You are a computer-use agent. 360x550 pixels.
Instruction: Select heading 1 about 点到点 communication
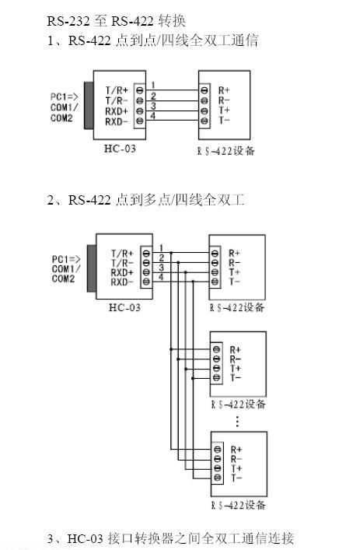(152, 40)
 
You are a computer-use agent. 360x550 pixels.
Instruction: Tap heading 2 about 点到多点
(145, 201)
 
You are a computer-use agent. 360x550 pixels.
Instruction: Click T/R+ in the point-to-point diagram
(116, 90)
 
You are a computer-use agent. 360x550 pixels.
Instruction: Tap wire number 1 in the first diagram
(154, 85)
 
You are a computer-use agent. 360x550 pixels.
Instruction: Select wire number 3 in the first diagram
(154, 106)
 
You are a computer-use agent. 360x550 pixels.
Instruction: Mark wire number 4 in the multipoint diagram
(161, 277)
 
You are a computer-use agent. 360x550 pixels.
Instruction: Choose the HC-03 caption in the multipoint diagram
(124, 307)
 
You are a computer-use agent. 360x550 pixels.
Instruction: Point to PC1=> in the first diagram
(64, 98)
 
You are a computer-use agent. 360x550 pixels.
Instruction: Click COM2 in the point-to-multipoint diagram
(65, 279)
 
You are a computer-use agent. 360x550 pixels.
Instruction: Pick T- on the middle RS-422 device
(235, 377)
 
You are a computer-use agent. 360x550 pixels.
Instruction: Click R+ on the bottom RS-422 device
(236, 449)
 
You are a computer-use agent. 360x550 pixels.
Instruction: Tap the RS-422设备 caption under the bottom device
(238, 506)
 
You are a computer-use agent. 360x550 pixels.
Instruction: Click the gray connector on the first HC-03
(87, 105)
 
